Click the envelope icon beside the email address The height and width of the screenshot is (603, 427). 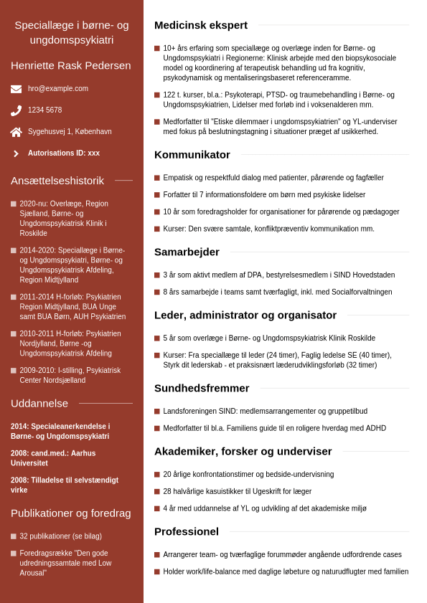[16, 89]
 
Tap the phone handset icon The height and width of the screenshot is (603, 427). [16, 110]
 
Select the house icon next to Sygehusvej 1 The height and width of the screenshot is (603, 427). [16, 132]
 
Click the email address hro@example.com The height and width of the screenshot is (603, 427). [58, 89]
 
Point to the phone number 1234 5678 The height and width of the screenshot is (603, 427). [44, 110]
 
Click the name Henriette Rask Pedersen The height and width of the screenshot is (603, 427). [71, 65]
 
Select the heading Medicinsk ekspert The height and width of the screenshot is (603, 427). [201, 25]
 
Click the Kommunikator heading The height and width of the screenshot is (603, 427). [192, 154]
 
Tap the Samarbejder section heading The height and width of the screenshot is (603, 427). [187, 252]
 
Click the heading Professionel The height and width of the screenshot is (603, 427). [187, 531]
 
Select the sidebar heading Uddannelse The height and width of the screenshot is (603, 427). [39, 403]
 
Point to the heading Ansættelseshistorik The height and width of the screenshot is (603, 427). [57, 181]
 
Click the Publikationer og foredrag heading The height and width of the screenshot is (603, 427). [71, 513]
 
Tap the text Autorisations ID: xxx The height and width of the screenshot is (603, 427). [64, 153]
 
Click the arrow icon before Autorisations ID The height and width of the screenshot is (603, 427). [16, 153]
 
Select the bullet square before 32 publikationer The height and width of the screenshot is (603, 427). [14, 536]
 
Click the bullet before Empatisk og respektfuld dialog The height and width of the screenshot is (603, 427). [157, 178]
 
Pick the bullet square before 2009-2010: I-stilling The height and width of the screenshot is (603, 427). [14, 370]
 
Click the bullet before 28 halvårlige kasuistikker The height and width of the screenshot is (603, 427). [157, 492]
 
